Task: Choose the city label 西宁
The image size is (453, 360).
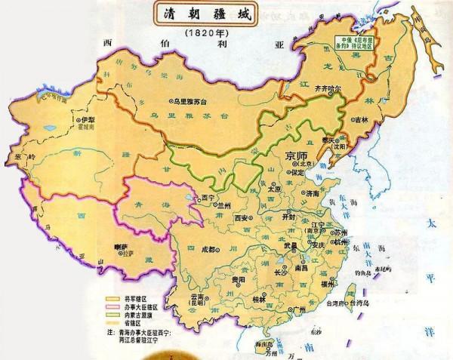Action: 199,198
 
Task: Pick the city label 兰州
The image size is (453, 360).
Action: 223,204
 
